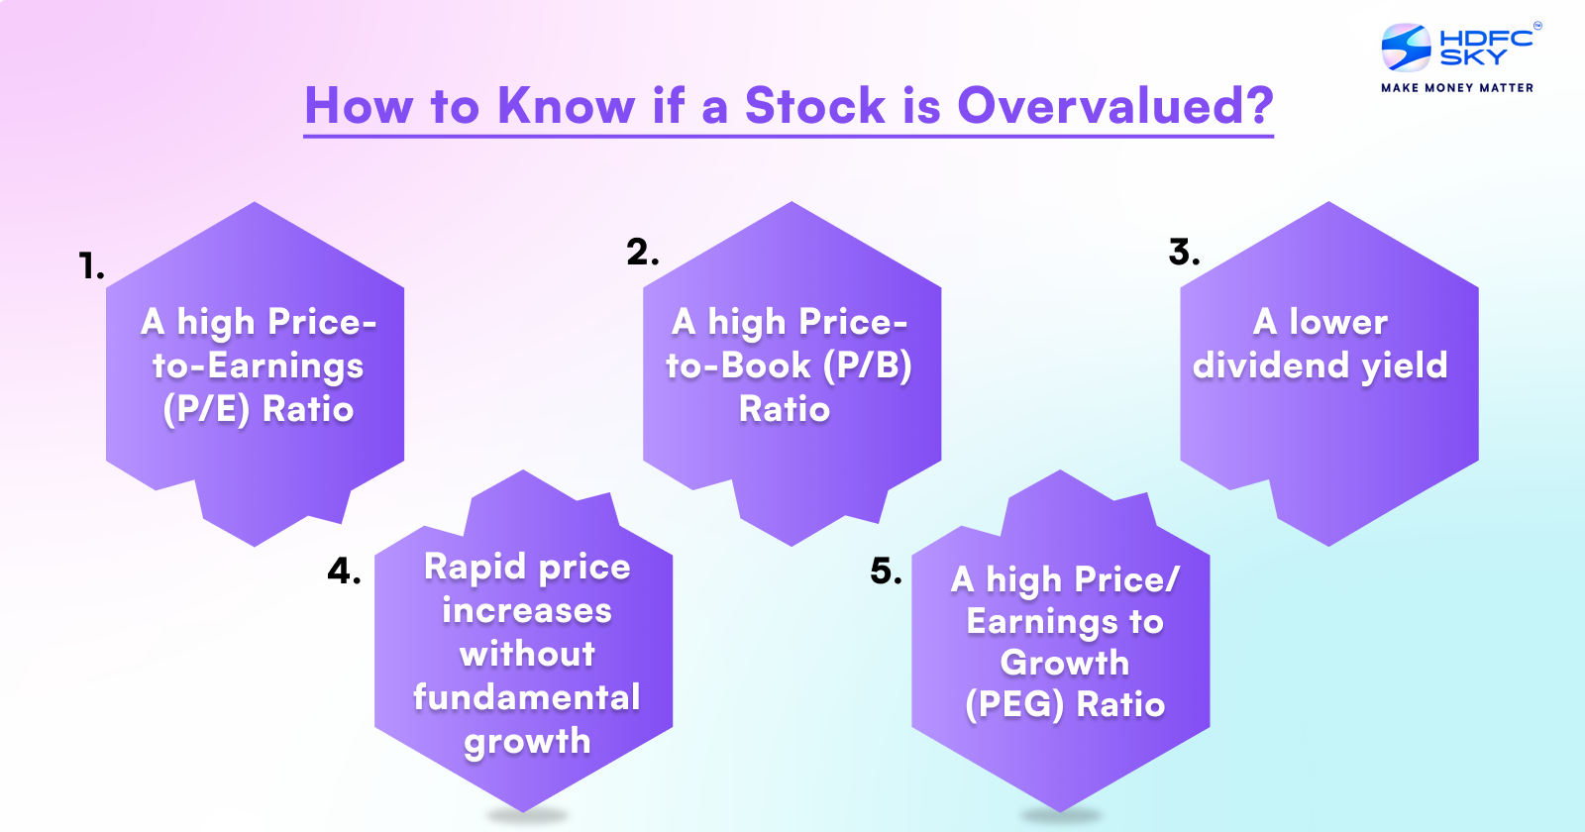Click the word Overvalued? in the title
coord(1114,105)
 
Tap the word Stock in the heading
coord(814,105)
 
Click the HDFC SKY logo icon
coord(1407,48)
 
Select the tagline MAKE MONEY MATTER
coord(1457,88)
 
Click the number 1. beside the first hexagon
coord(91,265)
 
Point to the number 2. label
coord(642,252)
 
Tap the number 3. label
coord(1184,252)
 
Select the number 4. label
coord(344,571)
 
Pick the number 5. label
coord(886,571)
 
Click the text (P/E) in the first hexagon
coord(206,409)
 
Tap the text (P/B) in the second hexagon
coord(867,365)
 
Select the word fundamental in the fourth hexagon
coord(526,697)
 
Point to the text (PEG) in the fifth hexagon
coord(1014,704)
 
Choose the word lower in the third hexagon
coord(1337,322)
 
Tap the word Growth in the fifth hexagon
coord(1064,663)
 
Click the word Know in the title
coord(566,105)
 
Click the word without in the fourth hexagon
coord(527,654)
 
